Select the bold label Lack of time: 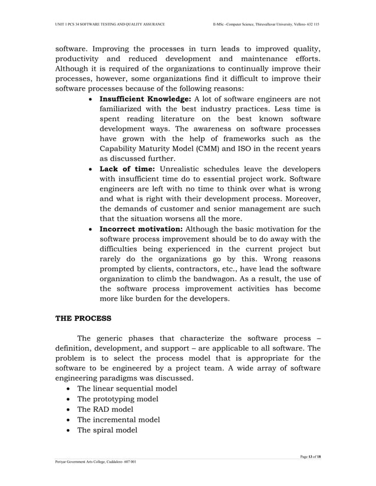pyautogui.click(x=127, y=169)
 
